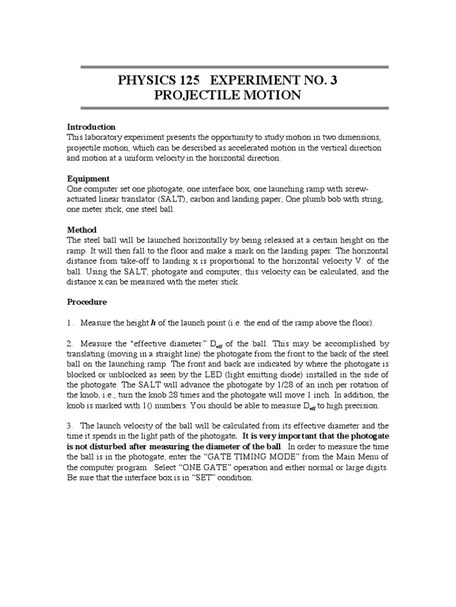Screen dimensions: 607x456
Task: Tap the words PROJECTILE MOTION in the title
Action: tap(228, 95)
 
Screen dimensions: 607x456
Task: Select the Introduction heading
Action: tap(91, 127)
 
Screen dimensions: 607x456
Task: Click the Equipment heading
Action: tap(88, 178)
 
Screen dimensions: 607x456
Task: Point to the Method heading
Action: tap(82, 229)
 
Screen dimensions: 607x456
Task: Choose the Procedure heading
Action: tap(87, 302)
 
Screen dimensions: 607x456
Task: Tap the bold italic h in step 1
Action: tap(153, 322)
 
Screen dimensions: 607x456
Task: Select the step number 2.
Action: tap(69, 343)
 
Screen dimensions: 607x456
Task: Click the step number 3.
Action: tap(69, 426)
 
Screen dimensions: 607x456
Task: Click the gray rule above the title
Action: tap(228, 67)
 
